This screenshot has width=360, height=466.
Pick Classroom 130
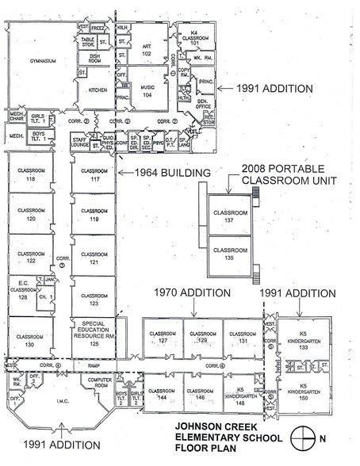click(31, 336)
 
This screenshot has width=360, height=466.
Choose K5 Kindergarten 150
click(298, 394)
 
